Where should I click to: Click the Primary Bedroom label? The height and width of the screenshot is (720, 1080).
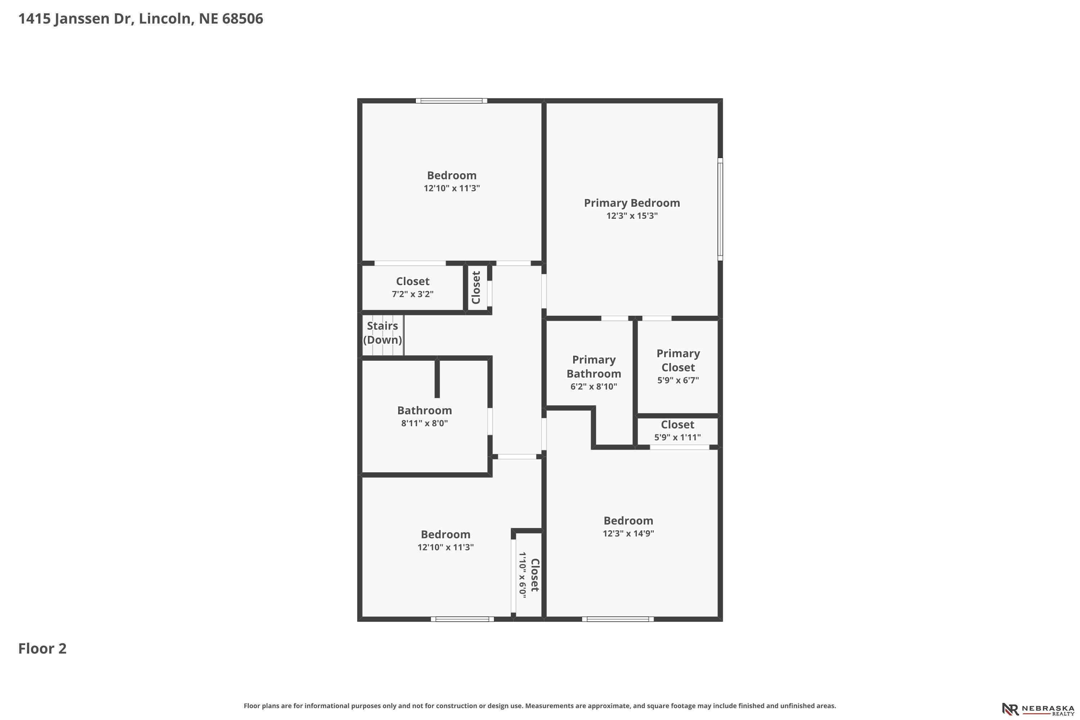click(632, 203)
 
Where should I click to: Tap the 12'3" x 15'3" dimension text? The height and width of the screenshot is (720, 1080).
click(632, 216)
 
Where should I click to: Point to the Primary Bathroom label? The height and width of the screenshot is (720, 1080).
click(594, 367)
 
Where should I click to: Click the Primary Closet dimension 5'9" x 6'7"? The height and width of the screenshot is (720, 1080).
click(678, 380)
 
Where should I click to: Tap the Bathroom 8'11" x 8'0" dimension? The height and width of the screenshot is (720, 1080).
click(424, 423)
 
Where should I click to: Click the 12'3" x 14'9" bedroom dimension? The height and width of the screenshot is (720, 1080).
click(628, 533)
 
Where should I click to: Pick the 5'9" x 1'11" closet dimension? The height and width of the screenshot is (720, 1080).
click(677, 437)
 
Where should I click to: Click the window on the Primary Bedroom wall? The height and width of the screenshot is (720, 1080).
click(720, 210)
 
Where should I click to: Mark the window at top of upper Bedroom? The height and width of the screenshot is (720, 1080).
click(451, 100)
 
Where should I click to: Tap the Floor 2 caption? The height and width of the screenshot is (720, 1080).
click(42, 648)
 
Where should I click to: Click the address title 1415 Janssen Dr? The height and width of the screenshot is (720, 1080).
click(76, 19)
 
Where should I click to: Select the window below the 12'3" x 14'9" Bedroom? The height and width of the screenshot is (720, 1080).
click(618, 619)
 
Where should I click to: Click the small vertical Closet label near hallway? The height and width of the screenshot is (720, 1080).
click(476, 287)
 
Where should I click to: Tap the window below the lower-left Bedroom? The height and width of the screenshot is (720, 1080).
click(462, 619)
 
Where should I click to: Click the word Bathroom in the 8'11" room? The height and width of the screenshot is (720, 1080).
click(424, 410)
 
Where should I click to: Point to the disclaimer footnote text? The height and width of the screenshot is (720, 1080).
click(540, 706)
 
